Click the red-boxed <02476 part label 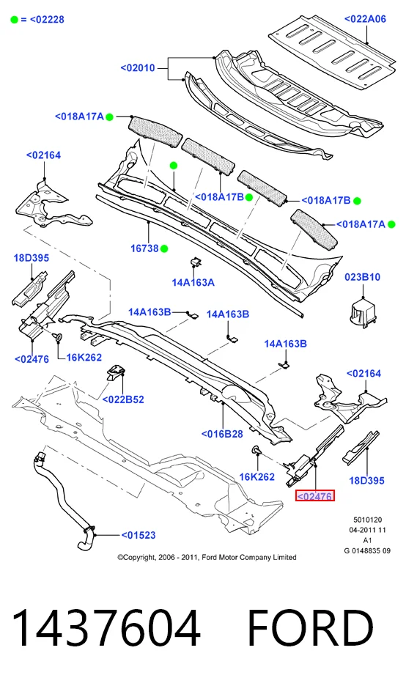[x=315, y=495]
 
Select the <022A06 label [x=365, y=19]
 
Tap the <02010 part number [x=137, y=68]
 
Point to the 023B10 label [x=362, y=277]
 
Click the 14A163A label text [x=193, y=282]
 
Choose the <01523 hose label [x=139, y=535]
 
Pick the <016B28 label [x=222, y=434]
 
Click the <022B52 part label [x=123, y=399]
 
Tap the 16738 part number [x=144, y=248]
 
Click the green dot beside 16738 [x=164, y=248]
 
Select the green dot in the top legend [x=15, y=20]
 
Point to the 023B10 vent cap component [x=363, y=312]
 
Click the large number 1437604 [x=106, y=628]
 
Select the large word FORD [x=311, y=628]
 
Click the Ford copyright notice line [x=207, y=557]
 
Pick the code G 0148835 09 [x=367, y=551]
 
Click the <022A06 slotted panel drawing [x=334, y=50]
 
